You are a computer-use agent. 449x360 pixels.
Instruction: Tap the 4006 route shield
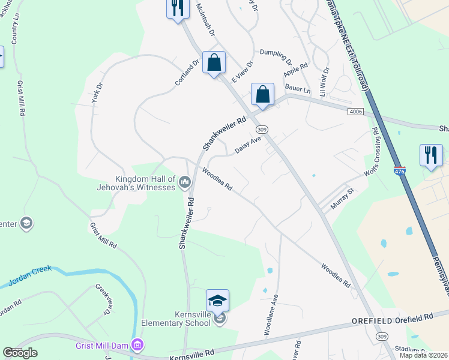pyautogui.click(x=356, y=112)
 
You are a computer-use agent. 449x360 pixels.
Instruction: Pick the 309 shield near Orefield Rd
pyautogui.click(x=382, y=338)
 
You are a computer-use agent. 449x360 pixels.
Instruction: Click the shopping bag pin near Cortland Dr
pyautogui.click(x=214, y=63)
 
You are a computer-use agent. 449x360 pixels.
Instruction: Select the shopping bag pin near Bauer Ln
pyautogui.click(x=262, y=95)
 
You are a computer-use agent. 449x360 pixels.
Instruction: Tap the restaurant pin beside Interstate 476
pyautogui.click(x=431, y=155)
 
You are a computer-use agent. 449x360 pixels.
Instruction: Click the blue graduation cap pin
pyautogui.click(x=218, y=301)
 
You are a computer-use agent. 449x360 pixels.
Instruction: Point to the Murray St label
pyautogui.click(x=342, y=199)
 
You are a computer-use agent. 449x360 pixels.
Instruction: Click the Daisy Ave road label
pyautogui.click(x=249, y=145)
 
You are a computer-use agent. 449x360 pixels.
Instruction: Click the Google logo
pyautogui.click(x=20, y=353)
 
